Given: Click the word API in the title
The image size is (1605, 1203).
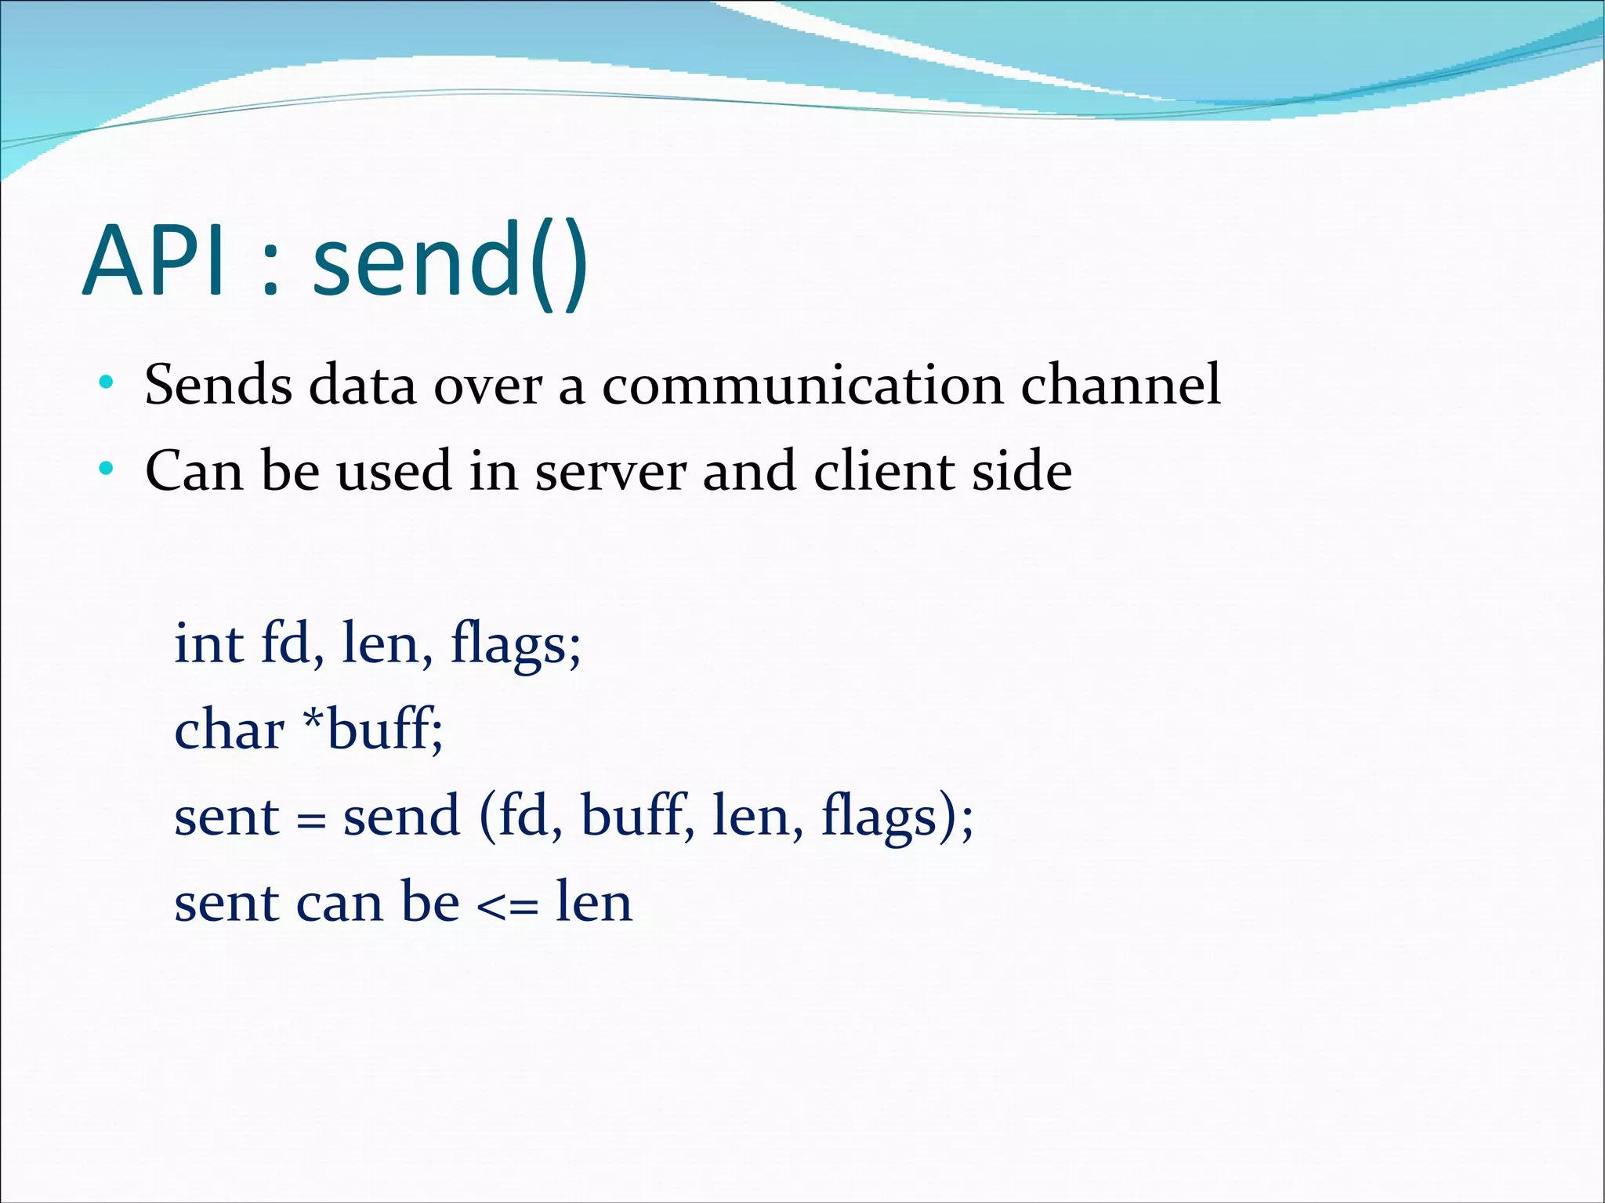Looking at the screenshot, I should (x=157, y=260).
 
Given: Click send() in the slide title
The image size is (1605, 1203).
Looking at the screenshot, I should (x=450, y=260).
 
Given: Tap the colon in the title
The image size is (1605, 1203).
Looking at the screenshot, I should (x=270, y=270).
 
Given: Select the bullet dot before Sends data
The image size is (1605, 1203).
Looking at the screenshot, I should (x=107, y=384).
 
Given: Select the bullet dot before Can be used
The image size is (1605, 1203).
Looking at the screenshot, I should (x=107, y=470).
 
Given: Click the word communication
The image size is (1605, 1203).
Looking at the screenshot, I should (x=802, y=386).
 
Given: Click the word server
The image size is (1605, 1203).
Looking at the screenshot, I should (x=610, y=473).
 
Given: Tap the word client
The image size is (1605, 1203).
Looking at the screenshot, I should (x=884, y=471).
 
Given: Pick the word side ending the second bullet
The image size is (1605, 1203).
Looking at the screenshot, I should (x=1022, y=471).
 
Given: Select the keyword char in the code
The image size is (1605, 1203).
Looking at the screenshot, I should (x=229, y=730).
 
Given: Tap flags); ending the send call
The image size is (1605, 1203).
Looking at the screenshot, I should (x=897, y=818).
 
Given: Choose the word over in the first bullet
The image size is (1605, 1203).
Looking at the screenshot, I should (x=487, y=386).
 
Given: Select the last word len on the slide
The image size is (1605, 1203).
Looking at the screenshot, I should (x=593, y=903).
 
